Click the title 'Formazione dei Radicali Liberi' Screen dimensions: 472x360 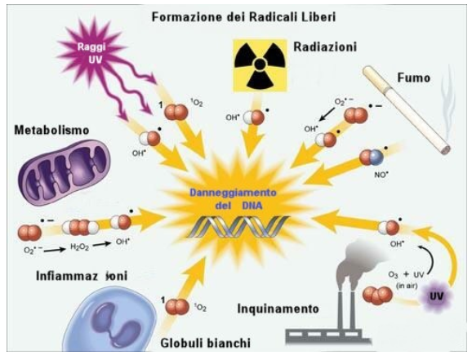tap(243, 17)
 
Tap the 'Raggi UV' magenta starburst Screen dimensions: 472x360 tap(91, 54)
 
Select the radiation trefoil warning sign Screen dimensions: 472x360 tap(260, 65)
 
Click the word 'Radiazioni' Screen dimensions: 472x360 tap(325, 47)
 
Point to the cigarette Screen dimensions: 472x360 tap(407, 110)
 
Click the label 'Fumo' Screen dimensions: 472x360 tap(414, 78)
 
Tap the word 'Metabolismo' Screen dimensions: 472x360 tap(51, 130)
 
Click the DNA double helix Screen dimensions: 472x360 tap(238, 227)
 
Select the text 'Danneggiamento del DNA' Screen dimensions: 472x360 tap(233, 199)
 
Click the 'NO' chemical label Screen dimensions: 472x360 tap(381, 175)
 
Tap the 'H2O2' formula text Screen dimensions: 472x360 tap(79, 247)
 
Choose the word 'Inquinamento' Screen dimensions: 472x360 tap(278, 309)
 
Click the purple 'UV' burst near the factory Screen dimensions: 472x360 tap(437, 296)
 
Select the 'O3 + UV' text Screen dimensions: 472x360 tap(407, 275)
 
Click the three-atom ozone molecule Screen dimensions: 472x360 tap(378, 295)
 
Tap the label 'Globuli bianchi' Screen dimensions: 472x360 tap(205, 343)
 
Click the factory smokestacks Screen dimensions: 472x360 tap(346, 304)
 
